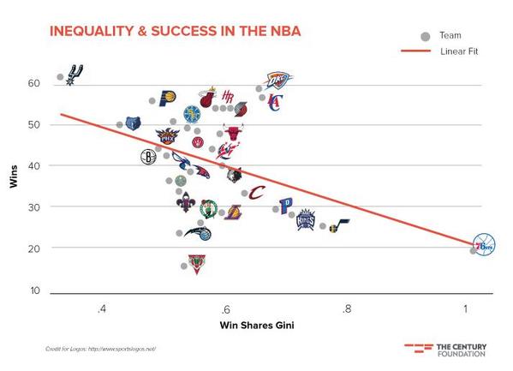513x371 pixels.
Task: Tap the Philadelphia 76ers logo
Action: [x=484, y=244]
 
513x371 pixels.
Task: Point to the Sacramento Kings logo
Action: [x=307, y=220]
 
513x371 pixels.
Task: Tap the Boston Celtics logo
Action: [x=208, y=209]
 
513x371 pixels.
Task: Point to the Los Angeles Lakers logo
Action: [x=233, y=212]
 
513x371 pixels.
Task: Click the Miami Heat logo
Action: [x=206, y=97]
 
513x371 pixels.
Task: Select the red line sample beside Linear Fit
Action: [x=417, y=51]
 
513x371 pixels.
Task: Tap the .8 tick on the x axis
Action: [x=345, y=309]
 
